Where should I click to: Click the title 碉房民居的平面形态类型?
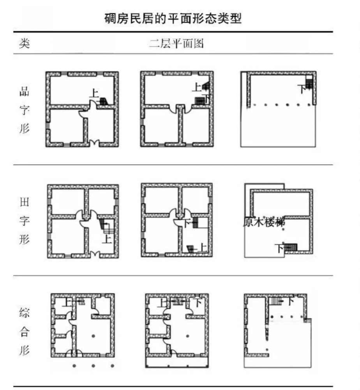click(173, 18)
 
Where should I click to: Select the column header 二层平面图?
click(176, 44)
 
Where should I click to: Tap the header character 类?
click(24, 43)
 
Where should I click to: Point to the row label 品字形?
click(24, 110)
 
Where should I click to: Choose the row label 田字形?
click(24, 221)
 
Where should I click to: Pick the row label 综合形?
click(24, 331)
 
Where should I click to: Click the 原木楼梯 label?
click(264, 222)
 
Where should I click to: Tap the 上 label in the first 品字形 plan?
click(94, 93)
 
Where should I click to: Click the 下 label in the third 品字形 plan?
click(302, 89)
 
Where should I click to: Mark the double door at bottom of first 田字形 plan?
click(94, 254)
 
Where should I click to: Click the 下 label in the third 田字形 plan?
click(279, 248)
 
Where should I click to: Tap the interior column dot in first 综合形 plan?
click(93, 336)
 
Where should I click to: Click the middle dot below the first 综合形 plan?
click(94, 366)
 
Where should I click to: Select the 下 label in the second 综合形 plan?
click(198, 303)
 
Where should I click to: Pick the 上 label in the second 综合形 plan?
click(163, 303)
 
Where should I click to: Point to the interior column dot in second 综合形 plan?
click(187, 336)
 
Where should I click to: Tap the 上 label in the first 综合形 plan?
click(67, 303)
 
